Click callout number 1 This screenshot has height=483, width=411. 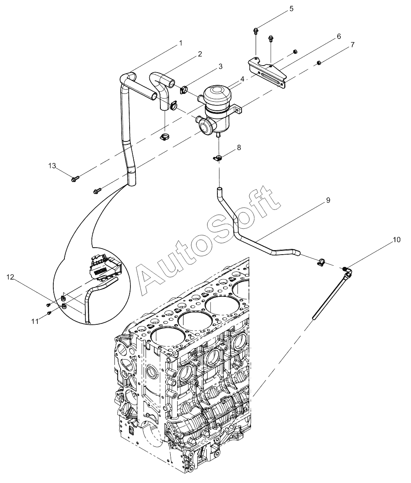tap(180, 43)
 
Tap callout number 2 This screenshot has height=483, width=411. tap(200, 54)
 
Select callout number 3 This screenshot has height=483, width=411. tap(220, 66)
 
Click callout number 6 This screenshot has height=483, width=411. tap(339, 36)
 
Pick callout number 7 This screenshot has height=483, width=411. tap(352, 44)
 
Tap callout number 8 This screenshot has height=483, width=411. tap(239, 147)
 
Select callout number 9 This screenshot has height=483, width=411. tap(328, 200)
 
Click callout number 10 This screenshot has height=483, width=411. tap(397, 240)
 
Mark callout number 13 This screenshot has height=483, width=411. tap(52, 166)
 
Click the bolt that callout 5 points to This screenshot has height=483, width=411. tap(256, 30)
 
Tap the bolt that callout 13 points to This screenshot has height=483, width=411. tap(75, 179)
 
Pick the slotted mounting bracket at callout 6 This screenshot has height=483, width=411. tap(269, 73)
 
